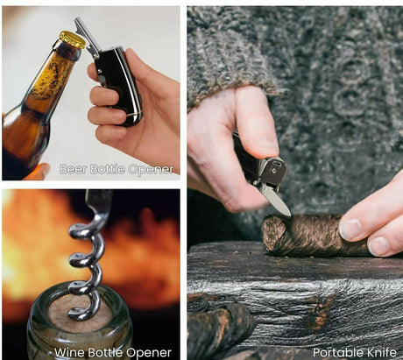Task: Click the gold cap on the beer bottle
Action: click(72, 39)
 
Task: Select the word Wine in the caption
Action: click(69, 352)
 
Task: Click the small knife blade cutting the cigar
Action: click(279, 203)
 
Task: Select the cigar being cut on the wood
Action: click(315, 235)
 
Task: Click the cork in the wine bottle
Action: click(80, 314)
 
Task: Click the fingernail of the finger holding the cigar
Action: click(350, 229)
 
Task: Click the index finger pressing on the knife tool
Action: click(257, 123)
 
